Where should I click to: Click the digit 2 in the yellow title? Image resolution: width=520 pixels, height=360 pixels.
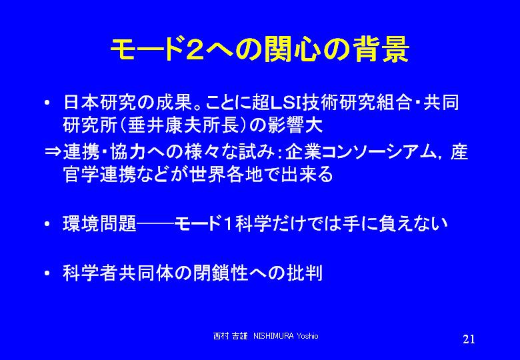click(195, 50)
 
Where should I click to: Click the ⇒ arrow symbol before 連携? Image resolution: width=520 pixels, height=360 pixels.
click(53, 153)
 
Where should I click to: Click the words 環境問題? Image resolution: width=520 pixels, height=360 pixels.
click(99, 224)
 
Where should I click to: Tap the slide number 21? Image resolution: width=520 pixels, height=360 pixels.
click(469, 339)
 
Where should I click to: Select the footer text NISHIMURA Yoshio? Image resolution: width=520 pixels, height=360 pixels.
click(285, 336)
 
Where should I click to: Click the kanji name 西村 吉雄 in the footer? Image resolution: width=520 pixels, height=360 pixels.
click(230, 336)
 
